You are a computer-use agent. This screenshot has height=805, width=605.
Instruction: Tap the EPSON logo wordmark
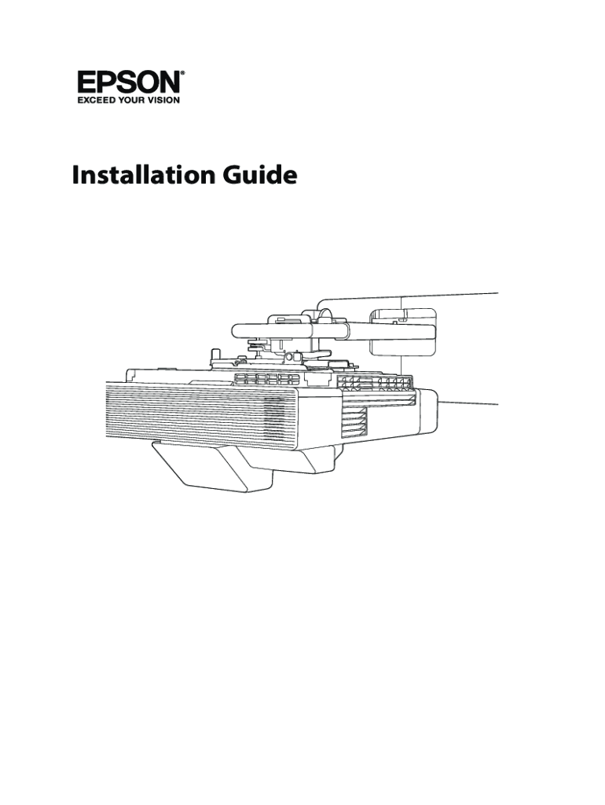[130, 83]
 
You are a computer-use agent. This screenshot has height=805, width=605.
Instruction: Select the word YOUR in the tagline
[134, 101]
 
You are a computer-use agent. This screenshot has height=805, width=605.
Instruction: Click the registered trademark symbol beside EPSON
[184, 75]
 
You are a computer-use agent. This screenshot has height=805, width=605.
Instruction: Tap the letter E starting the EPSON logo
[86, 83]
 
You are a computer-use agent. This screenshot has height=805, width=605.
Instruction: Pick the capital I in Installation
[76, 176]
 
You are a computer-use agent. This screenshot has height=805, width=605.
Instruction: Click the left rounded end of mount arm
[239, 331]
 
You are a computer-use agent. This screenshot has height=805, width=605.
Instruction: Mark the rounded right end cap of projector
[428, 413]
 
